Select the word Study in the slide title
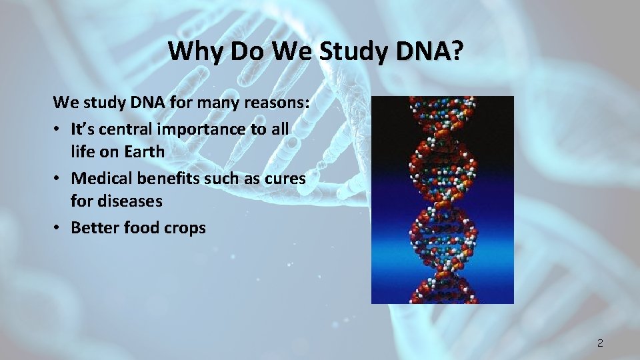click(x=352, y=51)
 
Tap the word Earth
click(x=143, y=152)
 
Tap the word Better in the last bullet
click(x=92, y=228)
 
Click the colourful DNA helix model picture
click(x=443, y=200)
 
